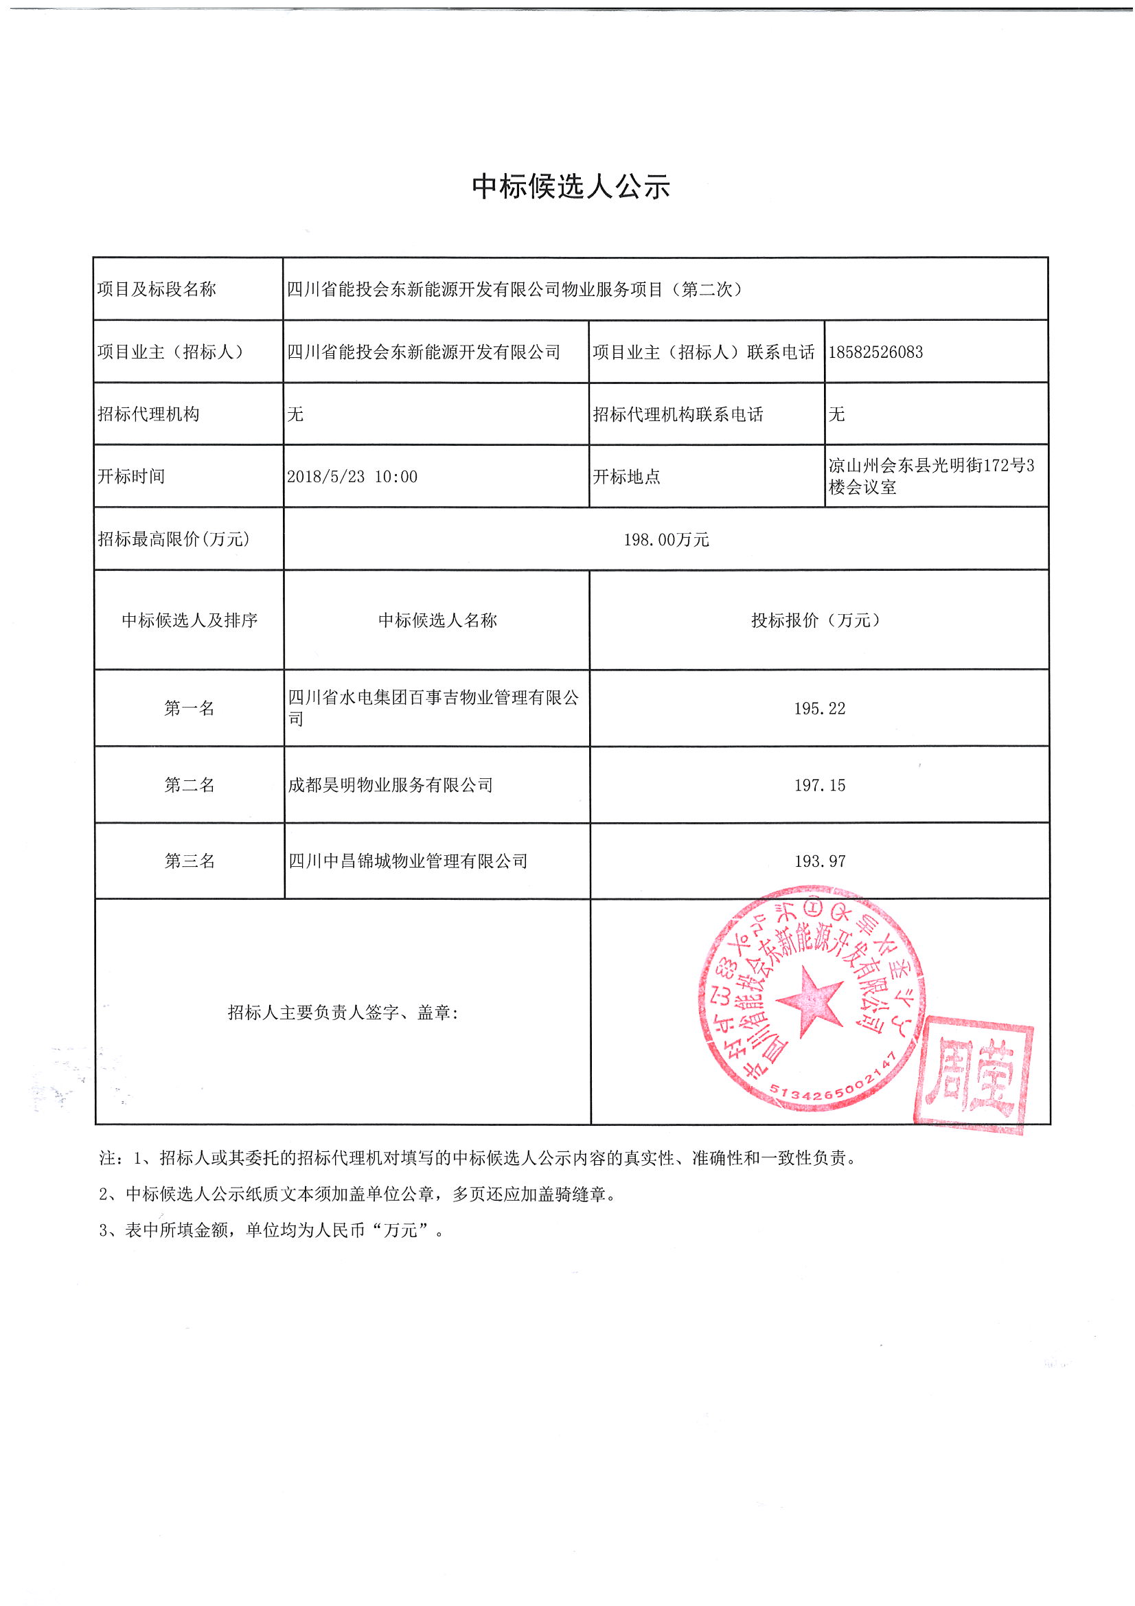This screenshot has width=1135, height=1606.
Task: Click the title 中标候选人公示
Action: tap(571, 187)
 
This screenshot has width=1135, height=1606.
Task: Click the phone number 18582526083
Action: tap(875, 352)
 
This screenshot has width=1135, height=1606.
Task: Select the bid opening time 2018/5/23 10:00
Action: tap(352, 476)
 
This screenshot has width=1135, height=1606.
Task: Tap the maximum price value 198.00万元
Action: tap(666, 539)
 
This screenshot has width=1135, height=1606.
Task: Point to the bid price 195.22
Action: tap(819, 709)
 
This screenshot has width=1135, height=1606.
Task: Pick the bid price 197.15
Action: tap(819, 785)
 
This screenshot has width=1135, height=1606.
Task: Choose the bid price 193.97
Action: tap(819, 861)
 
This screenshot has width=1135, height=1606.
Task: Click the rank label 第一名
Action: tap(189, 709)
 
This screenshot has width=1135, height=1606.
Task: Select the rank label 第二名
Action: tap(189, 785)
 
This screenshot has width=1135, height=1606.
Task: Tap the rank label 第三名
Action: tap(189, 861)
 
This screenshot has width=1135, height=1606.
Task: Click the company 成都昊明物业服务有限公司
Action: tap(390, 785)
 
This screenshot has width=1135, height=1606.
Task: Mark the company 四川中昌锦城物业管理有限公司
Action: tap(408, 861)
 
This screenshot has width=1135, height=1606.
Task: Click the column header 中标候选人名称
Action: tap(437, 620)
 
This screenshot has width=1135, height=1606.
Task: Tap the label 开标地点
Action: tap(626, 476)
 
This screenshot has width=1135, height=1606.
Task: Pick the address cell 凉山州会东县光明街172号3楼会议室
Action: tap(930, 475)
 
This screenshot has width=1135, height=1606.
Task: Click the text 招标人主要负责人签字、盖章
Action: tap(343, 1012)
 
